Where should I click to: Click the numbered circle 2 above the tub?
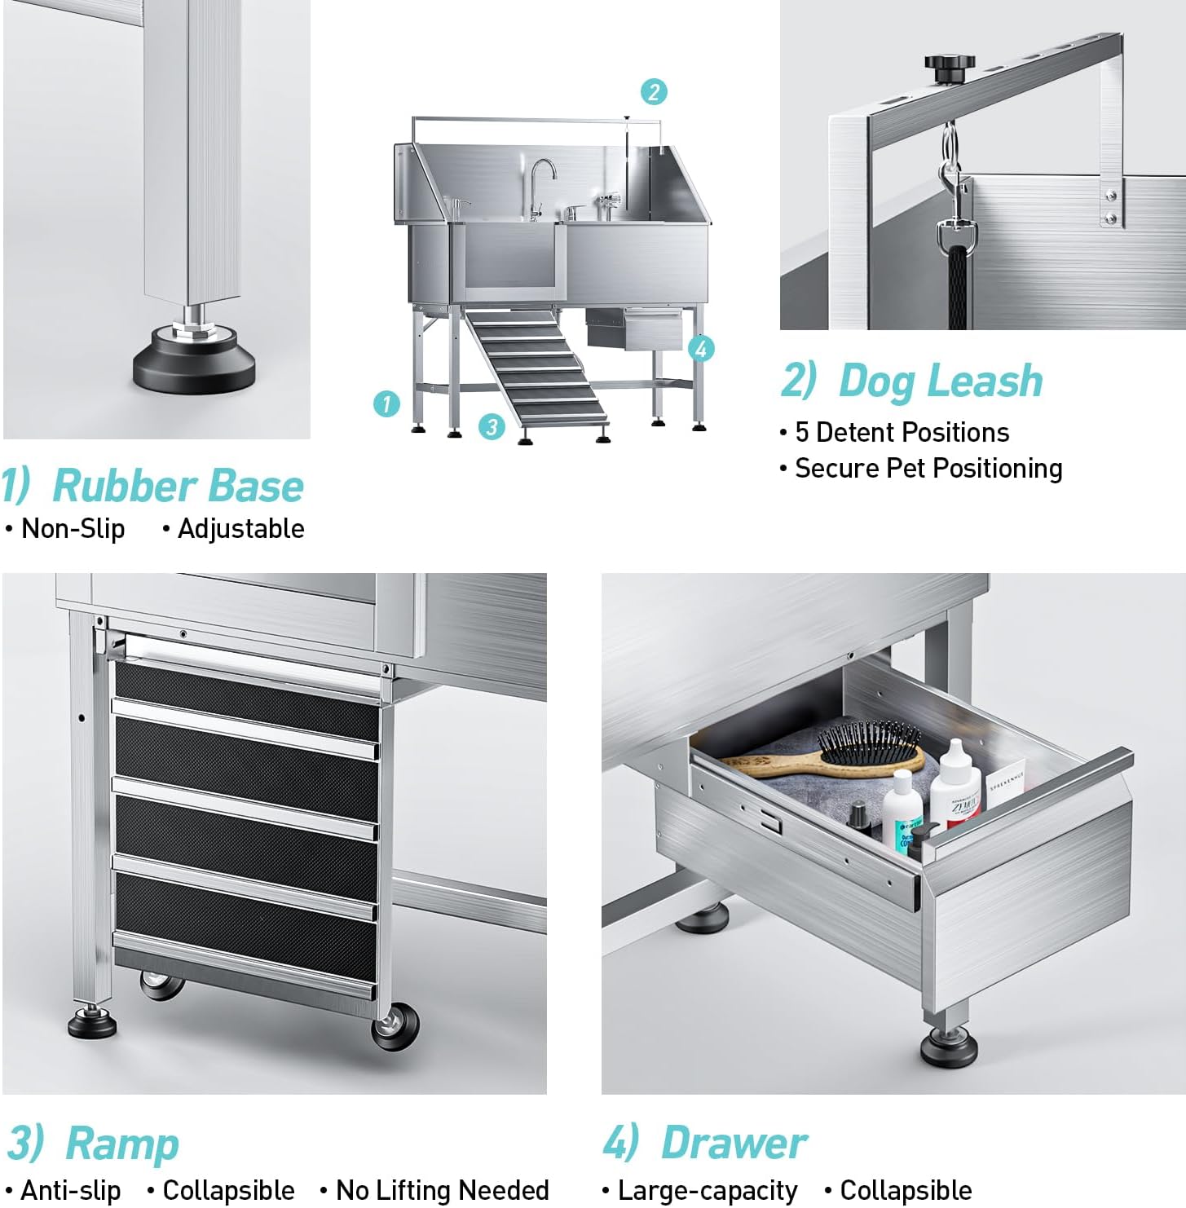(x=654, y=91)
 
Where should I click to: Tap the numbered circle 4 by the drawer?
(x=701, y=349)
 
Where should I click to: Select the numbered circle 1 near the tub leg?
(x=386, y=403)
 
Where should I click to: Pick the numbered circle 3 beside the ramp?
(x=491, y=425)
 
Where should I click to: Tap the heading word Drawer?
(x=734, y=1143)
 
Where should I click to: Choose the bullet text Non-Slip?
(x=73, y=529)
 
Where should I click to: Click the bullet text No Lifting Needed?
(x=442, y=1190)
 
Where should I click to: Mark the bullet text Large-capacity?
(x=707, y=1191)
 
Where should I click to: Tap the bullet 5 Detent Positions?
(x=902, y=432)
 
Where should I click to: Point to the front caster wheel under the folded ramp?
(x=395, y=1027)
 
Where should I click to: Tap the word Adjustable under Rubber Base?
(x=240, y=529)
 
